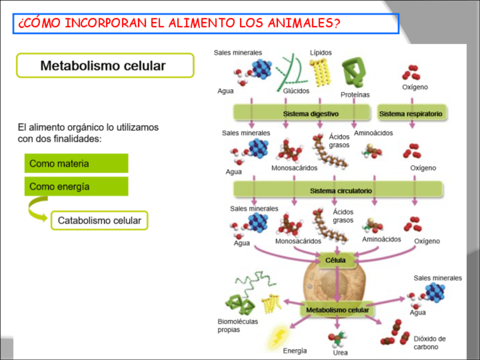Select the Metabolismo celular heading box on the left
coord(105,66)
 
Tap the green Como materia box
coord(76,163)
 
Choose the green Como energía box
coord(76,186)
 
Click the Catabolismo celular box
coord(100,220)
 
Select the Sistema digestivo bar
coord(303,114)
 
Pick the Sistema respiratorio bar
coord(410,114)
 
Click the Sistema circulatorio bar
coord(338,190)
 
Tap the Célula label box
coord(336,260)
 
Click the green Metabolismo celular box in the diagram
coord(337,310)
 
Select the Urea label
coord(340,353)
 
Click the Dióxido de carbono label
coord(429,343)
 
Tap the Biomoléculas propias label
coord(237,325)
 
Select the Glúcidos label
coord(296,91)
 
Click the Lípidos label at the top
coord(320,53)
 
